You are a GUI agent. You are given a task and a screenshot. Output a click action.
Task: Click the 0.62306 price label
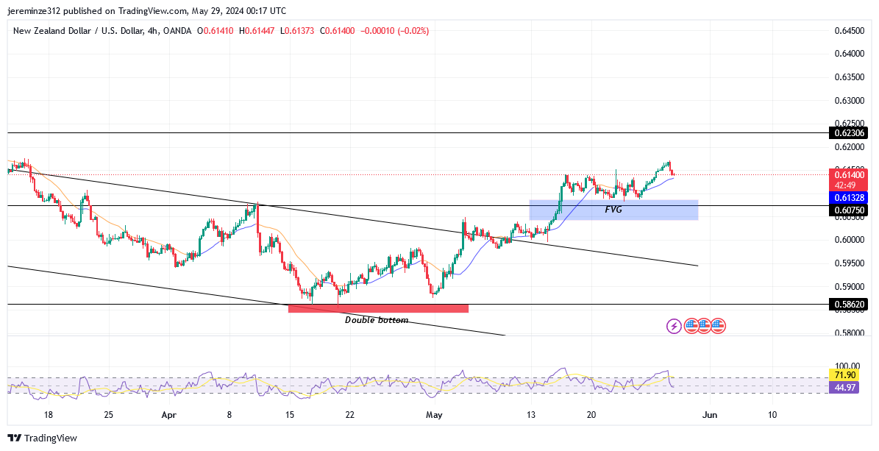849,133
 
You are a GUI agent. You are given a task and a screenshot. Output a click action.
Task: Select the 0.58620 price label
849,304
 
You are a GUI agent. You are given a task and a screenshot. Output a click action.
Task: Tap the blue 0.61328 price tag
849,198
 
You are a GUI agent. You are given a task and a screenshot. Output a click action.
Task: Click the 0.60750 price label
849,210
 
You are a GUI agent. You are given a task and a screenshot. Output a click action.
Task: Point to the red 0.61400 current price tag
849,175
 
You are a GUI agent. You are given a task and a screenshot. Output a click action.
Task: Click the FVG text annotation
614,210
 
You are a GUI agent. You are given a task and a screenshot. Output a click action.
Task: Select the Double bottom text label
377,320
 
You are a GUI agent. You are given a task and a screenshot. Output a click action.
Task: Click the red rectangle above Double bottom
378,308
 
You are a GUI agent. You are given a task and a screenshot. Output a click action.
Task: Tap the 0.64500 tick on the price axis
849,31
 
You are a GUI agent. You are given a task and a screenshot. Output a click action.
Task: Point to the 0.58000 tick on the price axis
849,333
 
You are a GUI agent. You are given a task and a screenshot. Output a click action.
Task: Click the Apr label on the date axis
169,415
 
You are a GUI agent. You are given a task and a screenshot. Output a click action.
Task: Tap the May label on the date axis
435,415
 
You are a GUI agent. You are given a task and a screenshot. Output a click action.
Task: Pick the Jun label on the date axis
709,415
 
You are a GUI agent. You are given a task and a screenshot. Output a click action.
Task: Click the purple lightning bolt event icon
674,325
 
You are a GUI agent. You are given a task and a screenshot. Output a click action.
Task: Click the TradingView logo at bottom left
43,438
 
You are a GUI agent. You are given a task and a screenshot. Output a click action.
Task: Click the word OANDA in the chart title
177,31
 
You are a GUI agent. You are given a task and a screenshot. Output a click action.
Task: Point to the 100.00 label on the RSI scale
847,366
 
